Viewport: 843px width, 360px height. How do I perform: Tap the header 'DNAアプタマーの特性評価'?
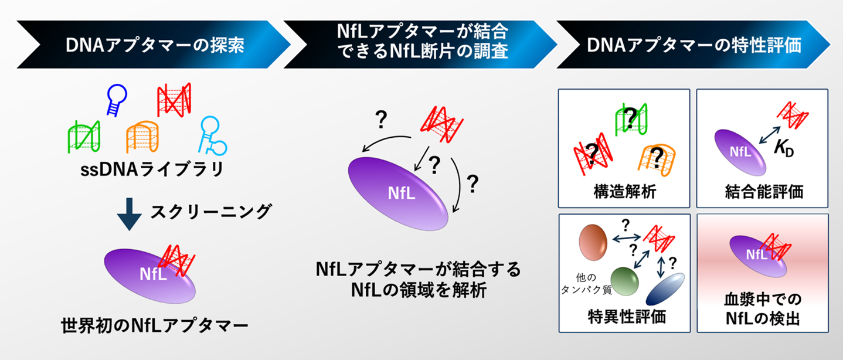[x=694, y=46]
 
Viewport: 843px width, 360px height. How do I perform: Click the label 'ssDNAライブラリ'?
[x=152, y=171]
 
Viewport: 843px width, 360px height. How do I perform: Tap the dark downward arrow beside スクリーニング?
[x=130, y=212]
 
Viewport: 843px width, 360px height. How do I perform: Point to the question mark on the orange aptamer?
[x=658, y=158]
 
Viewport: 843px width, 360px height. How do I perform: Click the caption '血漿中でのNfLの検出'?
[x=763, y=309]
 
